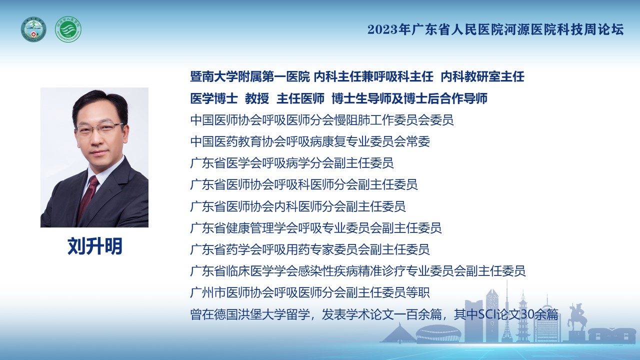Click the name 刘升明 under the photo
tap(95, 246)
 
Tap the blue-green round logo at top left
tap(33, 29)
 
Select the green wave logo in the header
tap(68, 29)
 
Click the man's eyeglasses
tap(99, 128)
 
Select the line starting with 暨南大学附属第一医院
tap(357, 77)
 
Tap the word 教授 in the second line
tap(257, 98)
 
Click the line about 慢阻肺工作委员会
tap(321, 120)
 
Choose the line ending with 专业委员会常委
tap(310, 141)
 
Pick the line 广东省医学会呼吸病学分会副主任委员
tap(291, 163)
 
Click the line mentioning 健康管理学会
tap(315, 228)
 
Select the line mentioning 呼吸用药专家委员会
tap(309, 249)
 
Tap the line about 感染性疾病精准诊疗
tap(357, 271)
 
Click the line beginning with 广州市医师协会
tap(310, 292)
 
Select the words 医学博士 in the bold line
tap(214, 98)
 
